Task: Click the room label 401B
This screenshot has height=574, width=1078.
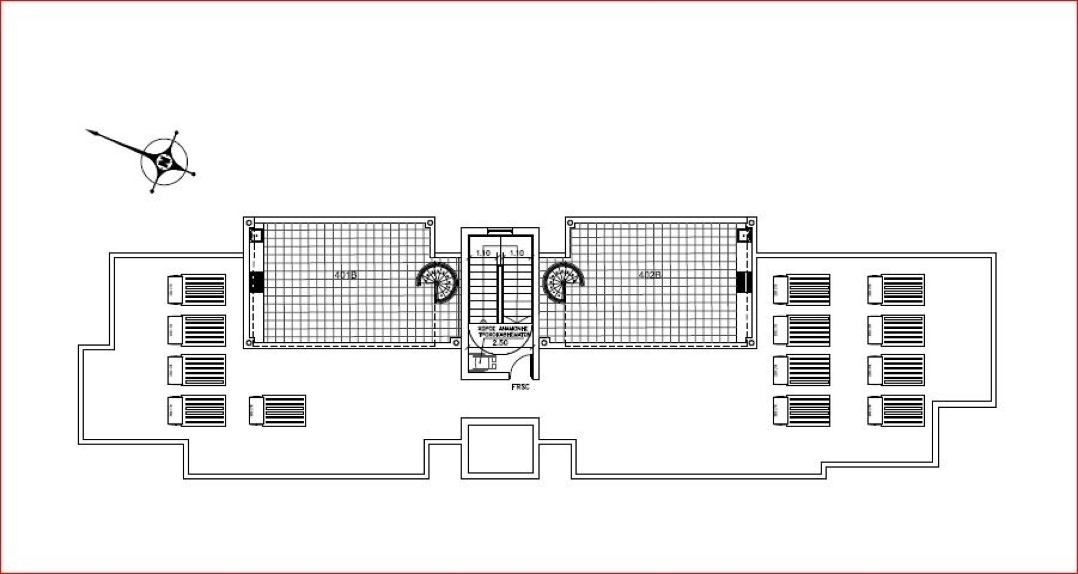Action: tap(346, 275)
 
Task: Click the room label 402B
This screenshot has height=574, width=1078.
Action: tap(649, 275)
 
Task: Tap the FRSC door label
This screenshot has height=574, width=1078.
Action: tap(520, 387)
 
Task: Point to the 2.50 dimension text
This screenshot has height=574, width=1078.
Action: tap(500, 343)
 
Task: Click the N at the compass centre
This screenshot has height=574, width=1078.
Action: tap(164, 161)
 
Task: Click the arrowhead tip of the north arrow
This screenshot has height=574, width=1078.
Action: tap(87, 129)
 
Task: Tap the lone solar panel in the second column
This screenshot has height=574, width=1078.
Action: tap(277, 411)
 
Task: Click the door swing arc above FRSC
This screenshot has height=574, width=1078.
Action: tap(521, 363)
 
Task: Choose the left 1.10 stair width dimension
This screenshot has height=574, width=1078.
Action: tap(483, 253)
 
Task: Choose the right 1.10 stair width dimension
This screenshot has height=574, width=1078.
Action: tap(517, 253)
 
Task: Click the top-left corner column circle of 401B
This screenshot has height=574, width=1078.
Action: tap(249, 222)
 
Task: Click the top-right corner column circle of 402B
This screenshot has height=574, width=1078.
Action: tap(751, 223)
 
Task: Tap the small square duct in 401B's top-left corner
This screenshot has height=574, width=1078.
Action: tap(256, 235)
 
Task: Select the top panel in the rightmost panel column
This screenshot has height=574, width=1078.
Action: tap(896, 289)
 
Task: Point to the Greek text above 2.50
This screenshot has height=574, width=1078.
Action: tap(502, 331)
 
